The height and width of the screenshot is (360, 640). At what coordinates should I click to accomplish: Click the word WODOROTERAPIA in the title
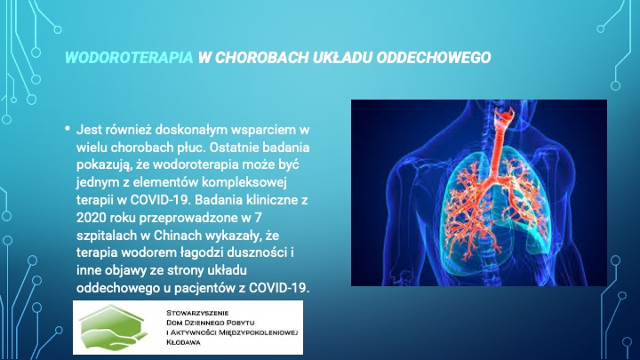click(x=129, y=58)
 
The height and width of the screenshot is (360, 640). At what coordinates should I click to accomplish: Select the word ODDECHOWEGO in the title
click(x=434, y=58)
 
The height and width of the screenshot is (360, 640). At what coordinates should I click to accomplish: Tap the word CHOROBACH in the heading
click(x=261, y=58)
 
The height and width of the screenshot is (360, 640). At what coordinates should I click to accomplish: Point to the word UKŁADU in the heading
click(x=343, y=58)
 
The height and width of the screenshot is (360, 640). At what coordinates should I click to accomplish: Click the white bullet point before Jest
click(x=68, y=129)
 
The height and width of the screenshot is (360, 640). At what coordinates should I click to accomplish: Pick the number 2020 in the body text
click(x=91, y=218)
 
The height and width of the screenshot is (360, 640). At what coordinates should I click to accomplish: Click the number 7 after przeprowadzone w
click(x=258, y=218)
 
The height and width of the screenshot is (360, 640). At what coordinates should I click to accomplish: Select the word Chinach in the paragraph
click(x=178, y=236)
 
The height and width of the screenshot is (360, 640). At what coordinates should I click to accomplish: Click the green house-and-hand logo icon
click(x=113, y=328)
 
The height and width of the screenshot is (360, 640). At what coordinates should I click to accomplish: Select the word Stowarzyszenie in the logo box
click(x=197, y=313)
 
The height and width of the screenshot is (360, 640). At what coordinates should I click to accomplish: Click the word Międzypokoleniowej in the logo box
click(x=259, y=332)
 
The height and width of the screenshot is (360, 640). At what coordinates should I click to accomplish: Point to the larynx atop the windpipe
click(x=503, y=114)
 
